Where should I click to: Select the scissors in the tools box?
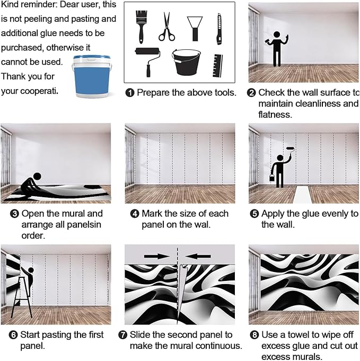[166, 27]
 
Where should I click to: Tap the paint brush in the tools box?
[142, 25]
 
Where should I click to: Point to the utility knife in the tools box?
[219, 29]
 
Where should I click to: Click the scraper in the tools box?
[195, 27]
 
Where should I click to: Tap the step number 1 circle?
[130, 93]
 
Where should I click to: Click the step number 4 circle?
[135, 214]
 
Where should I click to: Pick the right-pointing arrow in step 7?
[156, 257]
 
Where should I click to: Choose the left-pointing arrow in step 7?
[198, 257]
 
